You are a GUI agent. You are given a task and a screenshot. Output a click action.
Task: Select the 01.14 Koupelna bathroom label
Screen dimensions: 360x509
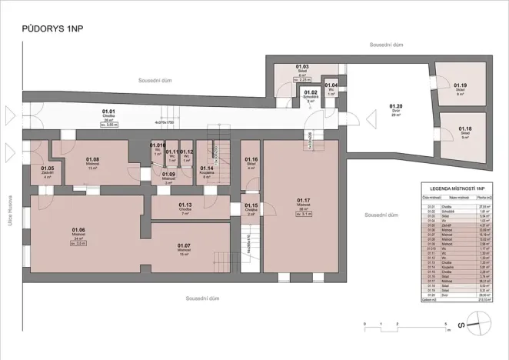[x=207, y=170]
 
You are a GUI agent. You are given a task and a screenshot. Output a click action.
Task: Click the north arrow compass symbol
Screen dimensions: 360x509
[x=475, y=325]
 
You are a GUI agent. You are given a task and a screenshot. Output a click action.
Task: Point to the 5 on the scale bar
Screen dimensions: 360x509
[x=446, y=325]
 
